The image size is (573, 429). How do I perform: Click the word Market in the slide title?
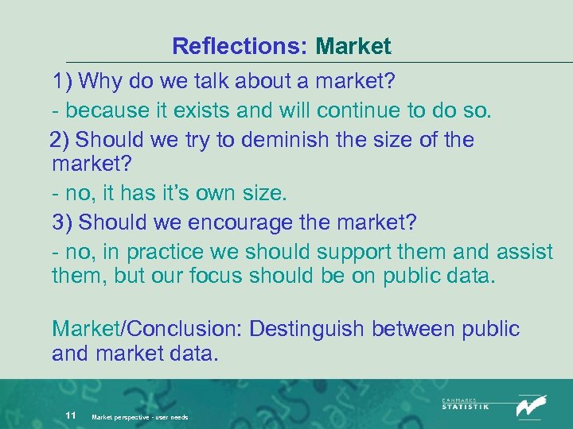(353, 46)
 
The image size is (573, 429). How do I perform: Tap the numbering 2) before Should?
(60, 140)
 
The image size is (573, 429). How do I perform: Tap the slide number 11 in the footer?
(70, 415)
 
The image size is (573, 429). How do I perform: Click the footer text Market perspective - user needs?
(140, 416)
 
